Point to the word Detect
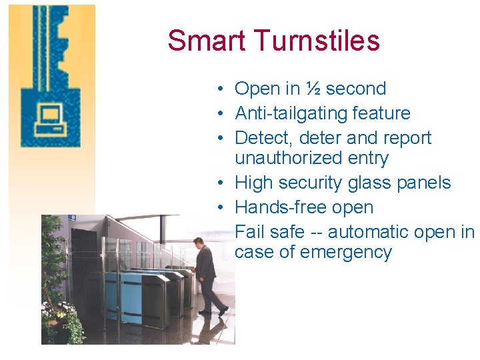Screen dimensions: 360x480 (261, 138)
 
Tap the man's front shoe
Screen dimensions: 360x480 (223, 311)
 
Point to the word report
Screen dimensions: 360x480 (405, 138)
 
